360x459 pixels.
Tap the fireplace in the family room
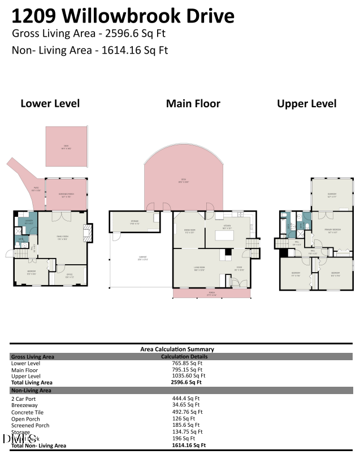[x=86, y=231]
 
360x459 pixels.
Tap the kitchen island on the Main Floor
[x=227, y=237]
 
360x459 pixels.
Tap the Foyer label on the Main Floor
[x=239, y=268]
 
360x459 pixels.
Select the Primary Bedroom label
[x=332, y=230]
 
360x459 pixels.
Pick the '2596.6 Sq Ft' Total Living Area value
[x=186, y=382]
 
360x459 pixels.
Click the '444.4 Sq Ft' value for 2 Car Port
[x=186, y=398]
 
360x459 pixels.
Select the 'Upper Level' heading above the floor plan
[x=306, y=103]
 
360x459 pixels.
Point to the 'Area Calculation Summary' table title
[x=177, y=349]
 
